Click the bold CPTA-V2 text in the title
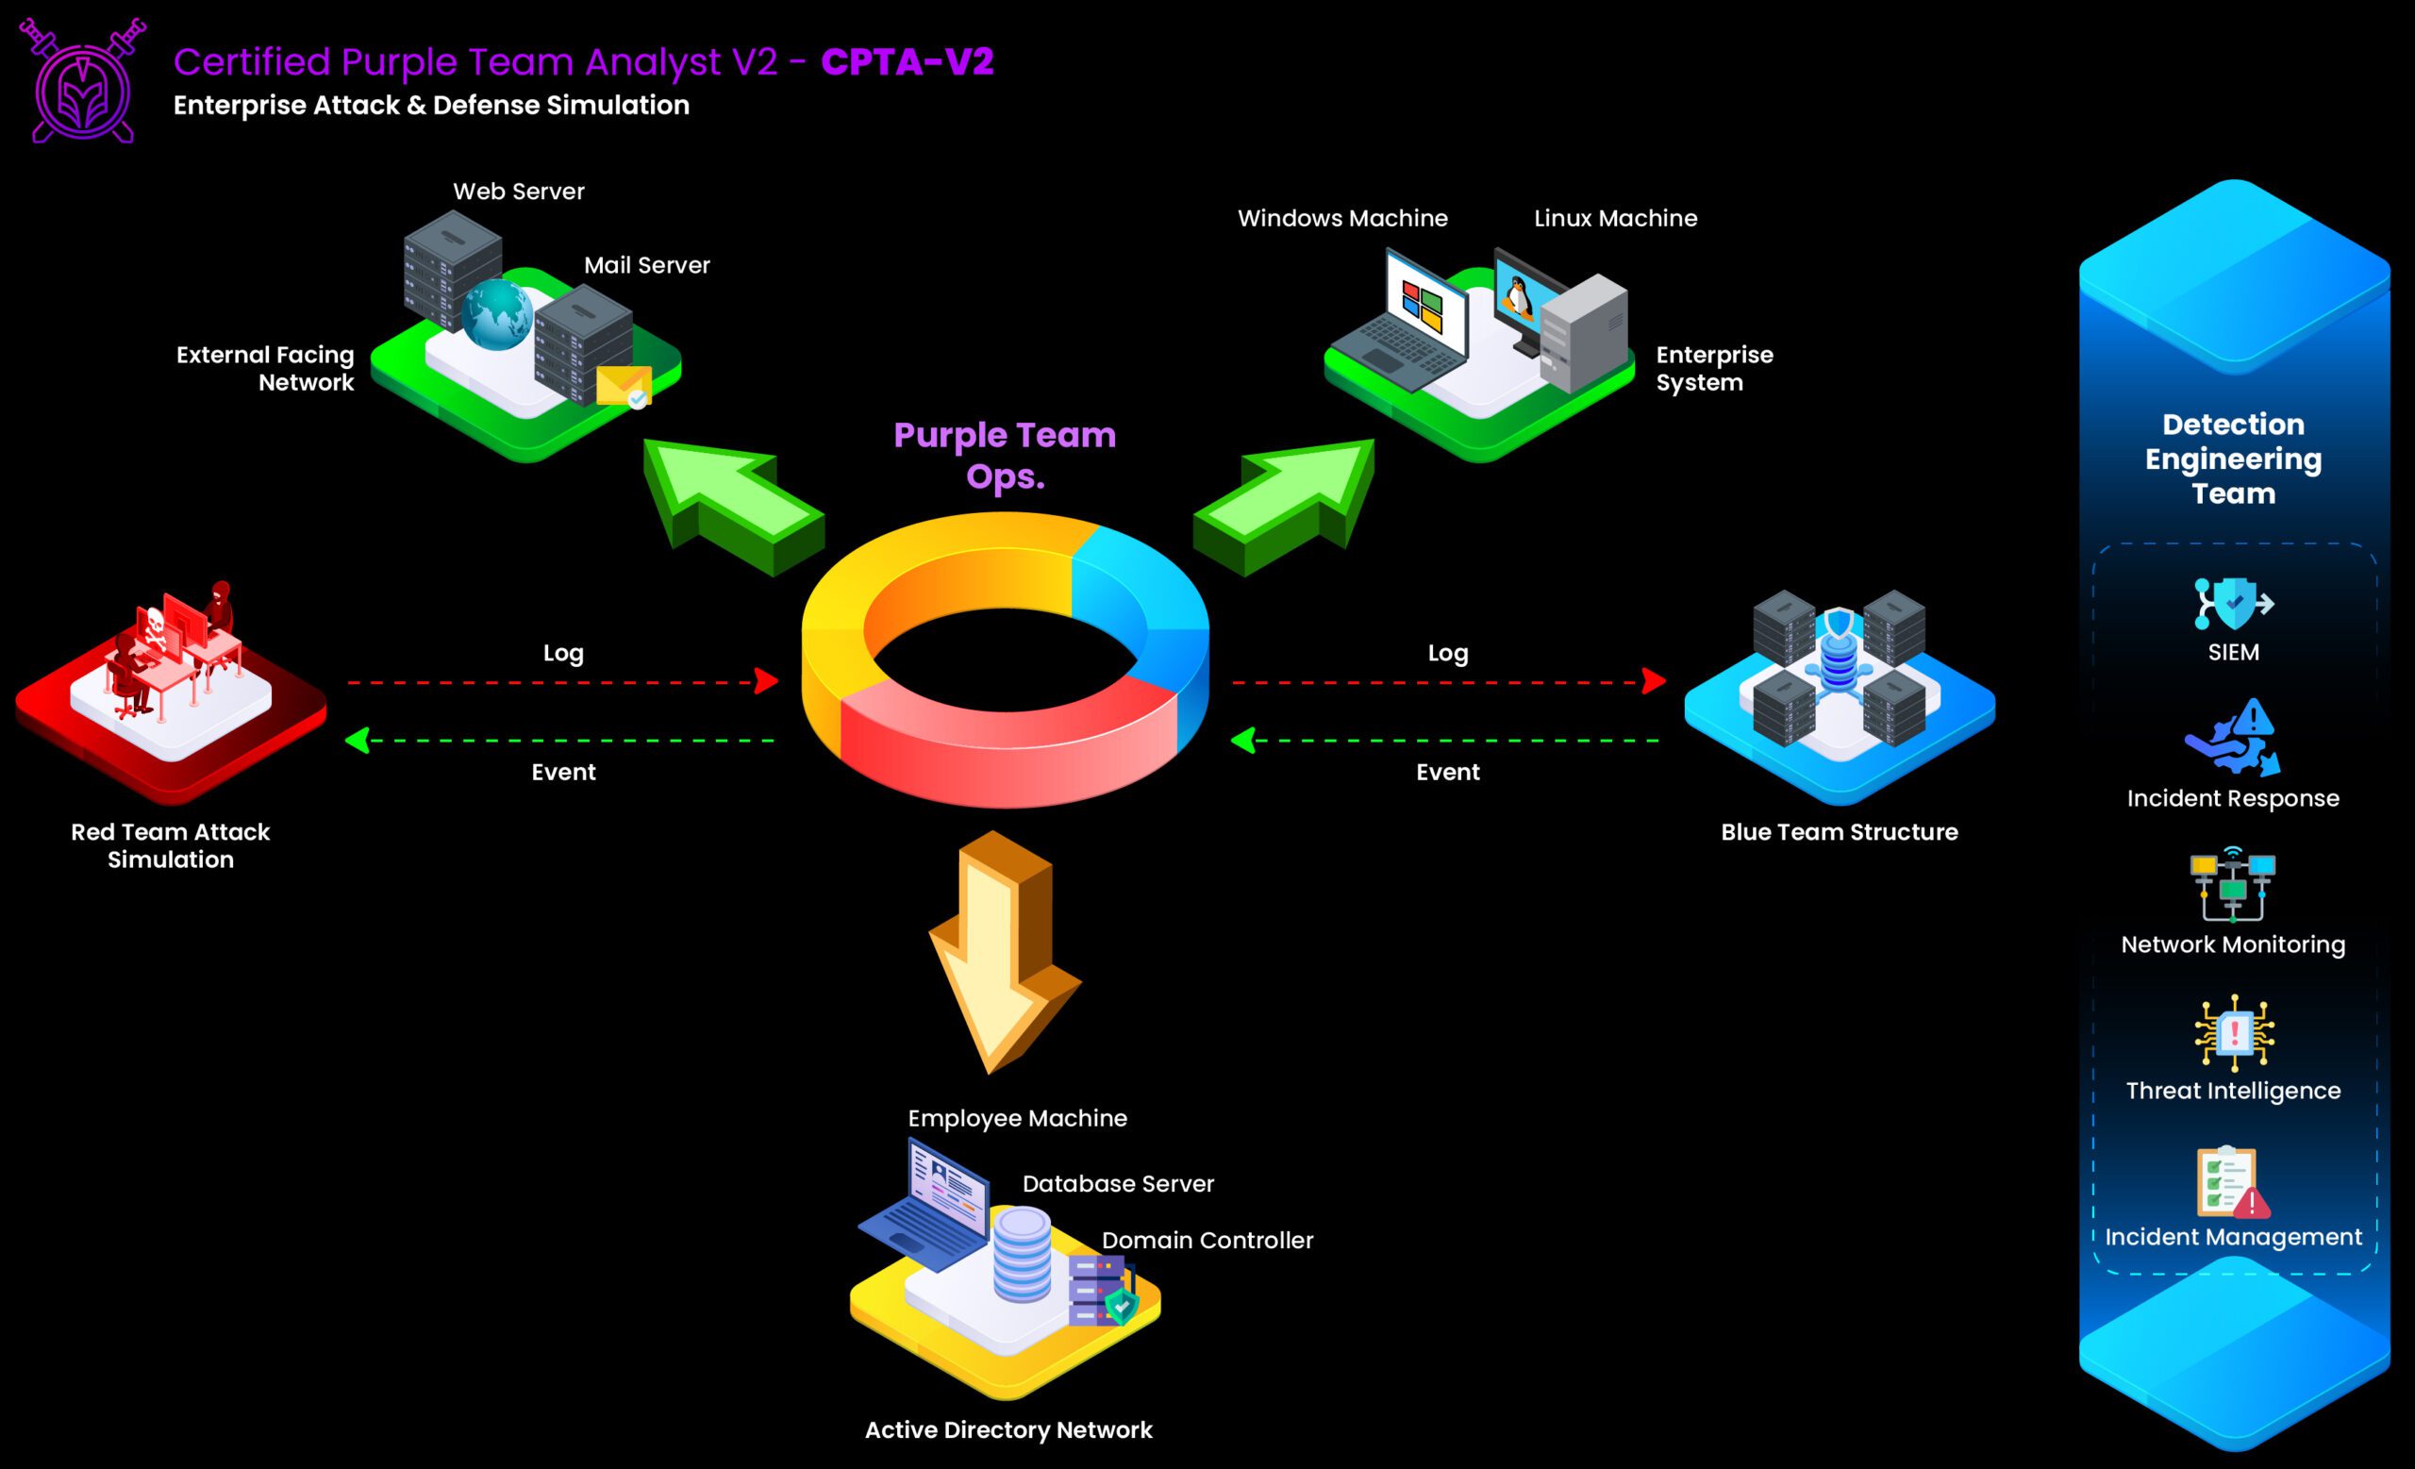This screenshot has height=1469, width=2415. pyautogui.click(x=907, y=61)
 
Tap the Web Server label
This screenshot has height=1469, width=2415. pyautogui.click(x=519, y=192)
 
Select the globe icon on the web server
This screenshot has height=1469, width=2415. pyautogui.click(x=497, y=313)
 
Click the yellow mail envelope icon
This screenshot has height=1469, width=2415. pyautogui.click(x=624, y=386)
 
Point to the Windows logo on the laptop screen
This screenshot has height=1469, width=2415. pyautogui.click(x=1423, y=307)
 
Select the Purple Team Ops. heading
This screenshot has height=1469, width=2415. pyautogui.click(x=1005, y=455)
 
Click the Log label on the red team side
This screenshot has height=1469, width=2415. pyautogui.click(x=563, y=653)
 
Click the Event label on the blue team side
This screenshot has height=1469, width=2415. pyautogui.click(x=1448, y=772)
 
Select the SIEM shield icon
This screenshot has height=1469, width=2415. pyautogui.click(x=2233, y=603)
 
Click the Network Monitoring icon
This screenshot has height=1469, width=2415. pyautogui.click(x=2233, y=885)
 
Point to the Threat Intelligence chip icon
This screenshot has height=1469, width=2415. pyautogui.click(x=2234, y=1032)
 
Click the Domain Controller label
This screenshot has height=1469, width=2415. pyautogui.click(x=1207, y=1240)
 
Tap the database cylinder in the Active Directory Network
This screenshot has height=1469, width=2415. pyautogui.click(x=1022, y=1255)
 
